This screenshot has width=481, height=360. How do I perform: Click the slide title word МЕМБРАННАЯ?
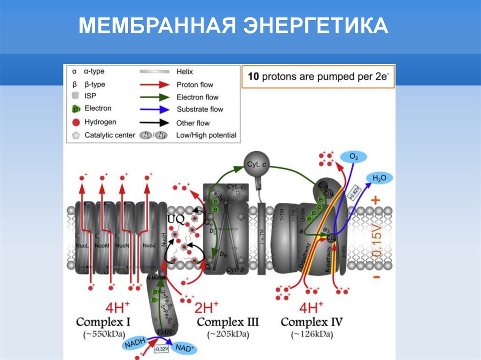click(x=157, y=27)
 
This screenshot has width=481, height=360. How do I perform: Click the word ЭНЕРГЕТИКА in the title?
click(x=315, y=27)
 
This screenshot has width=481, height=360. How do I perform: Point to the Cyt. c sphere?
click(x=257, y=164)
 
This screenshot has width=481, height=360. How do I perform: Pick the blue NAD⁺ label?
click(x=185, y=348)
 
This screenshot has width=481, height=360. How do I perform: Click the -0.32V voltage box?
click(x=161, y=349)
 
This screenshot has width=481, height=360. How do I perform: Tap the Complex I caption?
click(x=103, y=322)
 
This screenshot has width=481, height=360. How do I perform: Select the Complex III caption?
click(x=228, y=322)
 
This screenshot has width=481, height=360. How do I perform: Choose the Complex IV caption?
click(x=311, y=322)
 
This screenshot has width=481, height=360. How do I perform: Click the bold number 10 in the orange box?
click(x=253, y=77)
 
